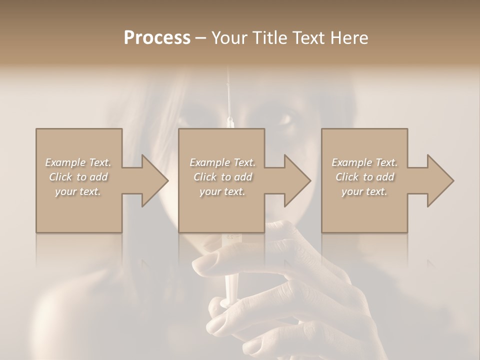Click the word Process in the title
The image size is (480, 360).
157,38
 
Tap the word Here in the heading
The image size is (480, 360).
349,38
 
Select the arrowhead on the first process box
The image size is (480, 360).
153,180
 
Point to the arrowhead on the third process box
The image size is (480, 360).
439,180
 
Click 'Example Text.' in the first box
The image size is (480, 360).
78,162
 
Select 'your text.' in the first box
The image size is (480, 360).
78,191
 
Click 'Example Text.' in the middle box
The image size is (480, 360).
222,162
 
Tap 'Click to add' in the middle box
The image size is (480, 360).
222,177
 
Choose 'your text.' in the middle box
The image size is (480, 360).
222,191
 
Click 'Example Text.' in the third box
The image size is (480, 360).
364,162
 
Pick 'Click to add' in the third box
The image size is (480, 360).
364,177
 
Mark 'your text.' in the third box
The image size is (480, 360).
364,191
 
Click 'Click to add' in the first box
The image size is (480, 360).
78,177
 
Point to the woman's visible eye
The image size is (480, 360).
284,120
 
